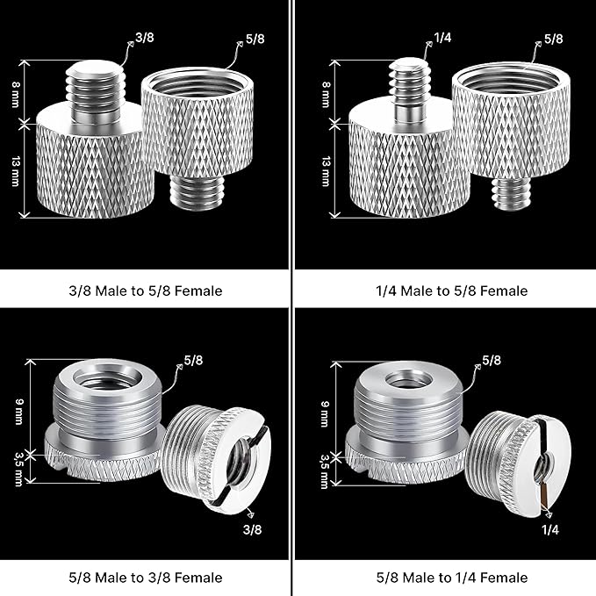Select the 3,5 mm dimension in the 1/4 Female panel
click(x=325, y=466)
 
